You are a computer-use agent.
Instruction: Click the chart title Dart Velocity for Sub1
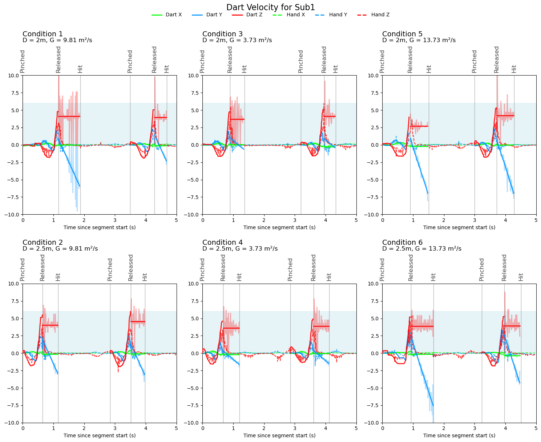(270, 7)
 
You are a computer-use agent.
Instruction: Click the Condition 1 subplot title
(43, 34)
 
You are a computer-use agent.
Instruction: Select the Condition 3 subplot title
(222, 34)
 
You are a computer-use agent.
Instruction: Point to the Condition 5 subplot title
(402, 34)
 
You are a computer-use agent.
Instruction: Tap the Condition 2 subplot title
(43, 242)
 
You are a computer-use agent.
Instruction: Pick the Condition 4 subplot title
(222, 242)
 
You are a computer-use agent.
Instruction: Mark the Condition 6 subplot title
(402, 242)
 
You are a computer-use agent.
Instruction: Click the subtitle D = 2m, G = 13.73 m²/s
(419, 40)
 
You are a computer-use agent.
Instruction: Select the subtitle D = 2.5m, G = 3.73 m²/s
(240, 249)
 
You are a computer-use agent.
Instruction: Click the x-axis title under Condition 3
(279, 227)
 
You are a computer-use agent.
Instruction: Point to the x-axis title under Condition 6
(459, 435)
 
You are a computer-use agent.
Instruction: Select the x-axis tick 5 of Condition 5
(536, 220)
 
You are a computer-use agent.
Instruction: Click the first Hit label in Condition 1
(80, 69)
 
